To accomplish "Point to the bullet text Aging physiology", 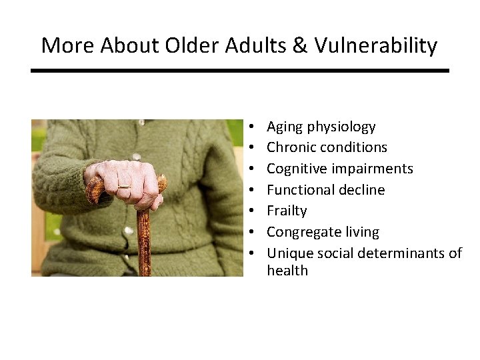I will [321, 127].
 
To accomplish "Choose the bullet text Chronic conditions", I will [327, 147].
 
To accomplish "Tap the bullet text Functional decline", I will [325, 190].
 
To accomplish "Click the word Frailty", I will [287, 211].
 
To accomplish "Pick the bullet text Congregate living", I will [323, 232].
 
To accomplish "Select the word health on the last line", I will [287, 271].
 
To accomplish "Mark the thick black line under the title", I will [240, 71].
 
